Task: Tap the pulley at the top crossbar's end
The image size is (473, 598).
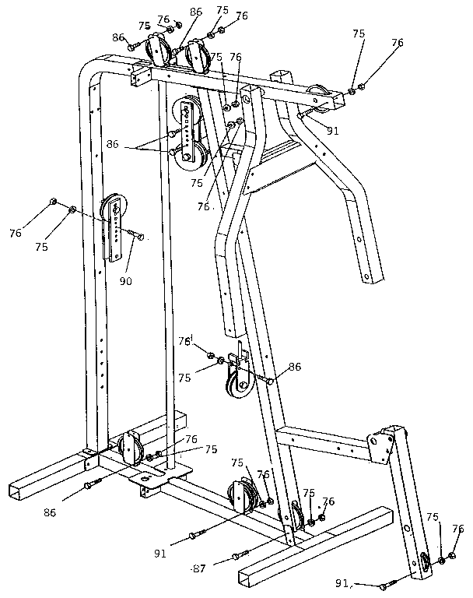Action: tap(319, 96)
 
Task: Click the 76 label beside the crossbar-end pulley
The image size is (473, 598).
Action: tap(398, 44)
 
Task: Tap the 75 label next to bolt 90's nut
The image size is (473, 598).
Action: tap(41, 246)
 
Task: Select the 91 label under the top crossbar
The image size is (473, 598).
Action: tap(332, 131)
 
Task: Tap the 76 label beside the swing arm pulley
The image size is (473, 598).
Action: tap(457, 529)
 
